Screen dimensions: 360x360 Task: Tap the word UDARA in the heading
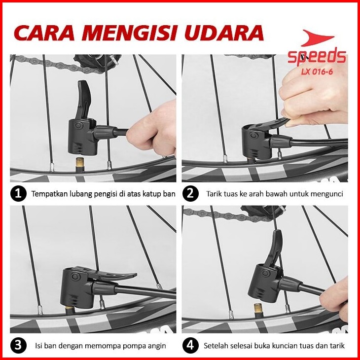coord(224,33)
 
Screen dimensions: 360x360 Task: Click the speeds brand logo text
coord(317,57)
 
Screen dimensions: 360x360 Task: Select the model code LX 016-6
coord(317,72)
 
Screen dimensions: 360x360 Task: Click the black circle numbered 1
coord(18,193)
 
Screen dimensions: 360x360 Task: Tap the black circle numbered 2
coord(190,193)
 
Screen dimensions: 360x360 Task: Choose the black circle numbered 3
coord(18,345)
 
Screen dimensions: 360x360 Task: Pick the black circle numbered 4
coord(190,345)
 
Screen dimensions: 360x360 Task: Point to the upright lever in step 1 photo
coord(83,99)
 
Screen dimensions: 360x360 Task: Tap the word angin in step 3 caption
coord(157,346)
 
